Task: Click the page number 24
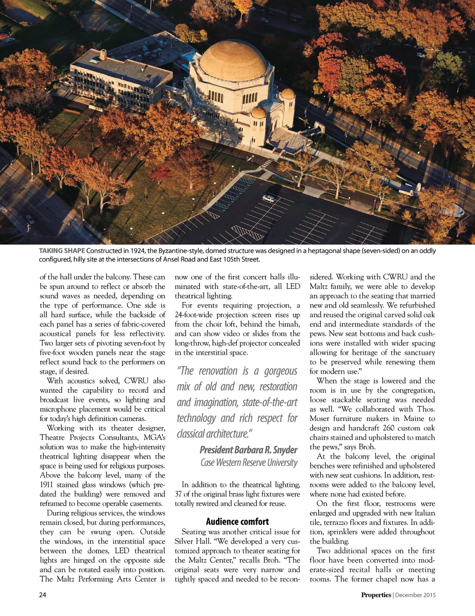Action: pos(43,595)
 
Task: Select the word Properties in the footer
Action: pos(376,595)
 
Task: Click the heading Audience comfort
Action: pos(237,522)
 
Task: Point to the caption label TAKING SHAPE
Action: pos(62,251)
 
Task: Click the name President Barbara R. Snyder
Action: pos(249,450)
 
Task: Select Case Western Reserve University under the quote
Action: pos(249,463)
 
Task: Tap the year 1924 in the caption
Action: pos(137,251)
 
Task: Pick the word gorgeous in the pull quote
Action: pos(281,371)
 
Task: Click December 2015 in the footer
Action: pos(416,595)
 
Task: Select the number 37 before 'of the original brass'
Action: pos(179,494)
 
